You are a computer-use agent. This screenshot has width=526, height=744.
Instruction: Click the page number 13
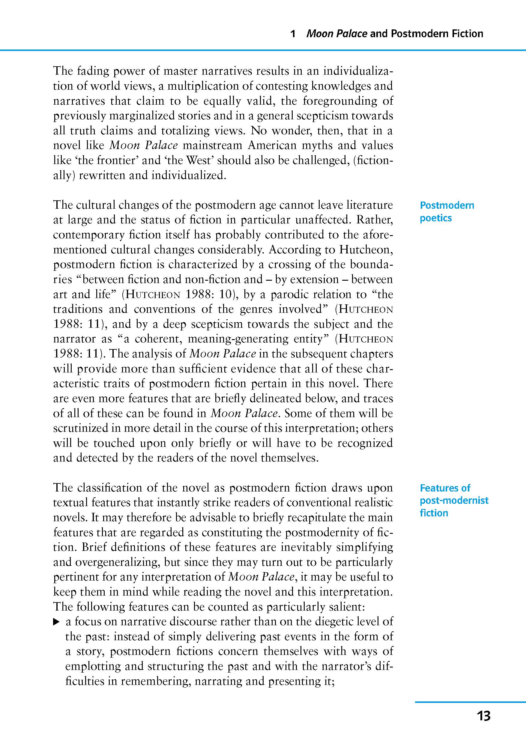point(483,716)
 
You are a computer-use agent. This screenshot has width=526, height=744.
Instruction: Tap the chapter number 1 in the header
point(293,34)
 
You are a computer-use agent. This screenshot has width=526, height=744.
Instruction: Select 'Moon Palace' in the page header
point(336,34)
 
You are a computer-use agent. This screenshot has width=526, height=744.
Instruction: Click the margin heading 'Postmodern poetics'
point(447,212)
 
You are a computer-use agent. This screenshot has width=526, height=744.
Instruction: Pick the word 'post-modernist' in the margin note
point(454,500)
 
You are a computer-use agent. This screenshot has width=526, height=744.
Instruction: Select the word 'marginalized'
point(144,116)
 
